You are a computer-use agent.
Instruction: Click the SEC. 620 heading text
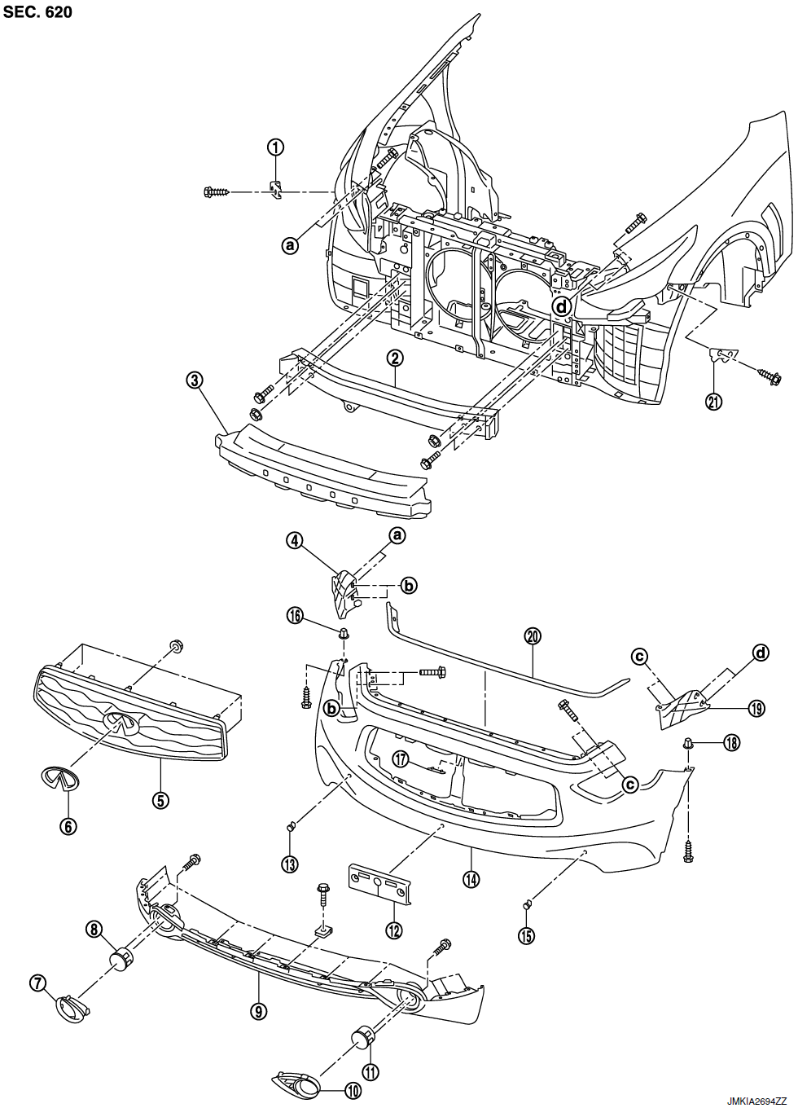(x=37, y=11)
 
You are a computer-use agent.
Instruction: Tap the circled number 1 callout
(x=276, y=147)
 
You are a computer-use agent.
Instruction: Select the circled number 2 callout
(x=394, y=357)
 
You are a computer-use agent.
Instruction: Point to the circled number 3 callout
(x=194, y=380)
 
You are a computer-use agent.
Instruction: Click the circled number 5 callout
(x=161, y=800)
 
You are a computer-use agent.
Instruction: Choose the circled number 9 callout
(x=259, y=1010)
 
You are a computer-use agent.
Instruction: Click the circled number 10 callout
(x=353, y=1091)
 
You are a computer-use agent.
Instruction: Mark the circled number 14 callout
(x=471, y=879)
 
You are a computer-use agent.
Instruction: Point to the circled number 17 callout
(x=400, y=758)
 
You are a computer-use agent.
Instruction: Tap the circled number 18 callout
(x=731, y=743)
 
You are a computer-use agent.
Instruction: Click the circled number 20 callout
(x=533, y=636)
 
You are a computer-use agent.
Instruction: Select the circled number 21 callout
(x=714, y=401)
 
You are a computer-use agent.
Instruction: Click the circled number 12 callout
(x=394, y=930)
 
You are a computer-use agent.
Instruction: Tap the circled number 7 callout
(x=37, y=983)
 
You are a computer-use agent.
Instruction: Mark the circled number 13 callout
(x=289, y=864)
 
